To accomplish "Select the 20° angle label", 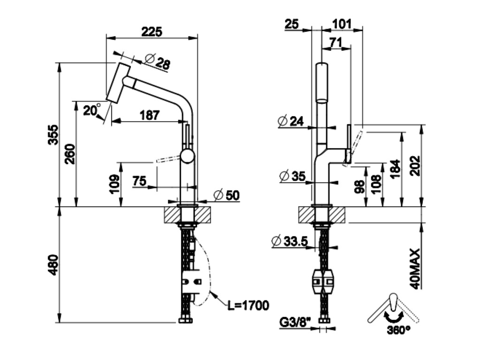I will tap(92, 111).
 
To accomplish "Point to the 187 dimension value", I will tap(150, 114).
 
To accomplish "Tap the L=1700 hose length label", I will tap(248, 306).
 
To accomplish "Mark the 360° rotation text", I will tap(399, 330).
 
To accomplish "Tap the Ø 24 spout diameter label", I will tap(290, 121).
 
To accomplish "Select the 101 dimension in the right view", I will tap(342, 23).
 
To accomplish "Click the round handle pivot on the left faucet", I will tap(188, 157).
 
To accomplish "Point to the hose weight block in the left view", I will tap(192, 282).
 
